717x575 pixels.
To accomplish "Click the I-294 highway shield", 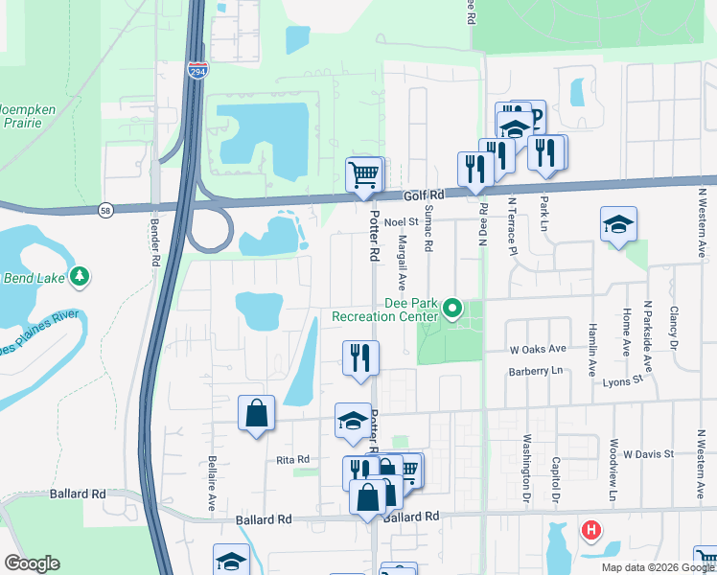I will click(197, 71).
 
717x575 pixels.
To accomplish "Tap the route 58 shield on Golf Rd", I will click(104, 209).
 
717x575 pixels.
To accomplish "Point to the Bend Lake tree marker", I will click(81, 277).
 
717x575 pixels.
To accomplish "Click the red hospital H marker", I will click(591, 528).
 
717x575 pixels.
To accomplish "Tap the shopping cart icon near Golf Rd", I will click(364, 175).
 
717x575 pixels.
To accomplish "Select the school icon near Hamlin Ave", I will click(618, 224).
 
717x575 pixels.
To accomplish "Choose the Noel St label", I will click(403, 222).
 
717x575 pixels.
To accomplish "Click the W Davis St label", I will click(649, 452).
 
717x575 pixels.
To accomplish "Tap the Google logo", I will click(33, 563).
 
